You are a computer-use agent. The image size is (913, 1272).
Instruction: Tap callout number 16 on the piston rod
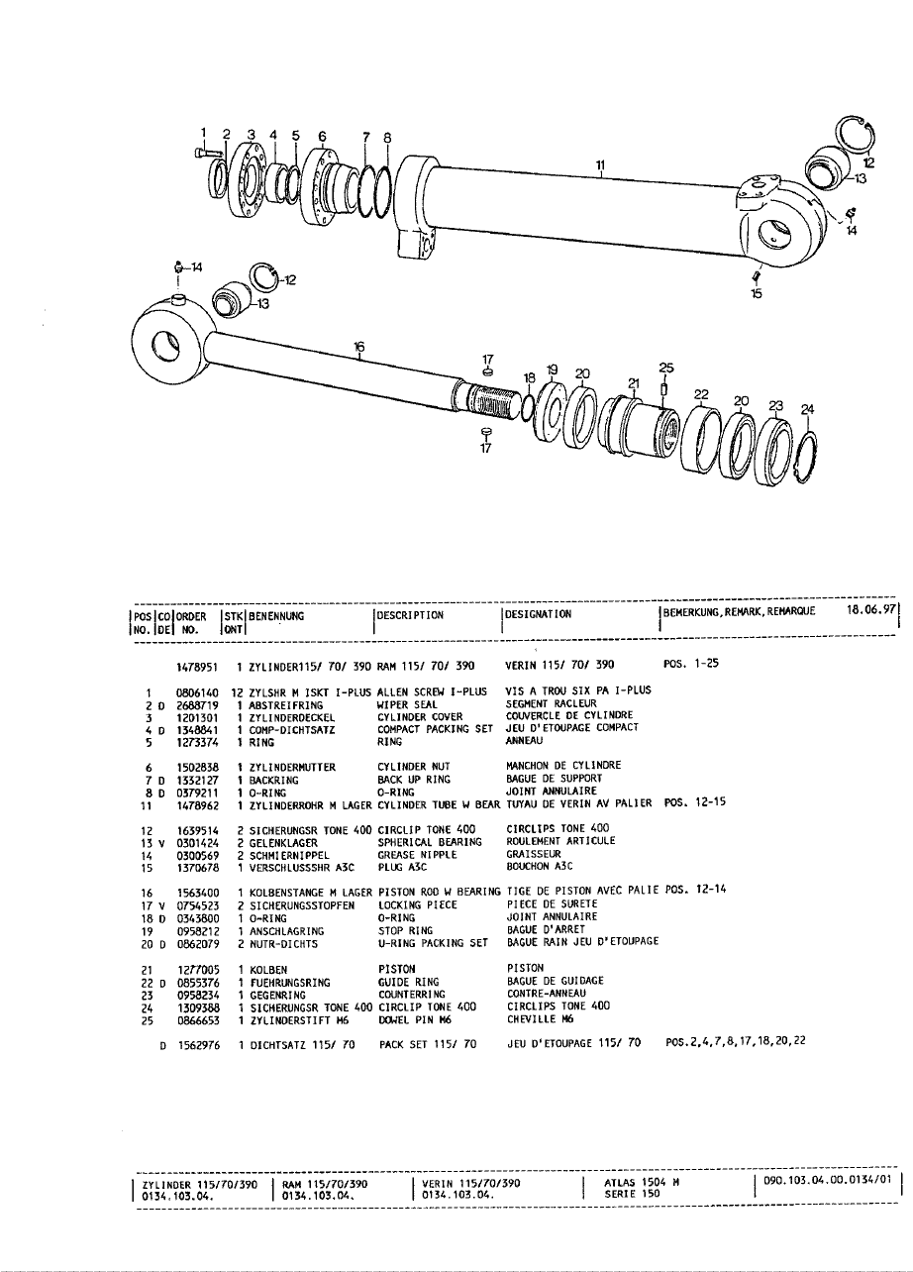[x=359, y=346]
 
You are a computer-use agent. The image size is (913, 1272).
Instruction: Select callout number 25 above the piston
[x=665, y=368]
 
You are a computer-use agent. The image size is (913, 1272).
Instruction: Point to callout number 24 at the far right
[x=807, y=408]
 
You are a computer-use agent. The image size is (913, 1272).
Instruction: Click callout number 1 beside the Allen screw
[x=204, y=132]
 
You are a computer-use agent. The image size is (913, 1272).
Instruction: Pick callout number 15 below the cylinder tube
[x=757, y=294]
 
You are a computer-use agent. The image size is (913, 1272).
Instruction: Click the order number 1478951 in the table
[x=196, y=665]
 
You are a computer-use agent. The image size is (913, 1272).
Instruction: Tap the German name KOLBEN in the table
[x=267, y=968]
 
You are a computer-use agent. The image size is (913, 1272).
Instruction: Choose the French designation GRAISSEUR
[x=526, y=853]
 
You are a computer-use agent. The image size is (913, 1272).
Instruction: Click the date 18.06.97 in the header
[x=871, y=611]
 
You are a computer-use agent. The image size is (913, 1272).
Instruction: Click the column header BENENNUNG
[x=275, y=614]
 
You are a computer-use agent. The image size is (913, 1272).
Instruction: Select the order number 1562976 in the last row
[x=196, y=1043]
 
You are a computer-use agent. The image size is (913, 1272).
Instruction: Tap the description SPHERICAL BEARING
[x=428, y=841]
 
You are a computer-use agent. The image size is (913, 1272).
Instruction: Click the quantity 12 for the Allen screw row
[x=238, y=690]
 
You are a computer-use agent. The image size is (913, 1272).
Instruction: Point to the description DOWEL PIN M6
[x=416, y=1017]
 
